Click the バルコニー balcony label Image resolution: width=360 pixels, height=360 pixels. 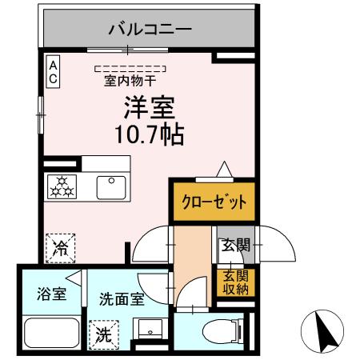click(x=150, y=30)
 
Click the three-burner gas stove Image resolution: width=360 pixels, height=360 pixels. click(x=62, y=187)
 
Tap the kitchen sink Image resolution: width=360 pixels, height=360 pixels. click(x=110, y=187)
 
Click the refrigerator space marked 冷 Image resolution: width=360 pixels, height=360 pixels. click(x=59, y=246)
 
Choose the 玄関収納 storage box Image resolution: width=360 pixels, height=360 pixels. click(x=235, y=282)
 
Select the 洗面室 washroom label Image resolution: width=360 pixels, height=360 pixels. click(x=121, y=300)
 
